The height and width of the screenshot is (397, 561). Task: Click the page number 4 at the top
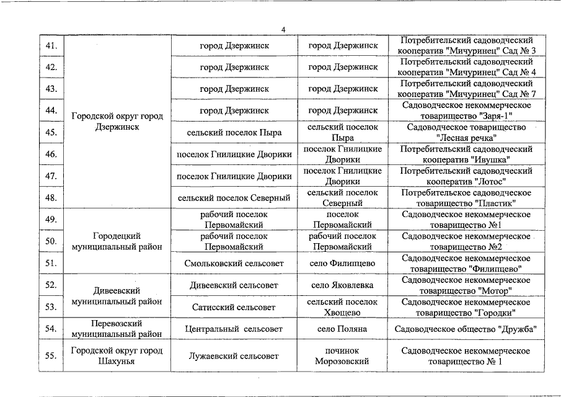click(x=283, y=30)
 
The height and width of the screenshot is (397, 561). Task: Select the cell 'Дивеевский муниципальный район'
click(x=117, y=296)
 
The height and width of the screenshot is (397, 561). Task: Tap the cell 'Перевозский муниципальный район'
click(x=117, y=329)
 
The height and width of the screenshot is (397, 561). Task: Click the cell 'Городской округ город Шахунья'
click(x=117, y=355)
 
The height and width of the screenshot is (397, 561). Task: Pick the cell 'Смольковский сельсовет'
click(x=234, y=263)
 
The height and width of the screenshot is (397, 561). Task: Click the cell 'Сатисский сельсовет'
click(x=234, y=307)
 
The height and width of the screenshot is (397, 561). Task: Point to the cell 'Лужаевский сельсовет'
click(x=234, y=355)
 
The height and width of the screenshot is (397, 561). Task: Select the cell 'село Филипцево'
click(x=342, y=263)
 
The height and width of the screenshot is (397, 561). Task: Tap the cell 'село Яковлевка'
click(x=342, y=285)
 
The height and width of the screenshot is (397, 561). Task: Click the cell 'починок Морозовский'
click(x=342, y=355)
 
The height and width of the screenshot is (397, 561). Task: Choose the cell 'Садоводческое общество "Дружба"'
click(x=466, y=329)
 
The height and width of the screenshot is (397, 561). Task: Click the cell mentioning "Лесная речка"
click(x=466, y=132)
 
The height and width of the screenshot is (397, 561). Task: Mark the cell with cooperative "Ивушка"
click(x=466, y=154)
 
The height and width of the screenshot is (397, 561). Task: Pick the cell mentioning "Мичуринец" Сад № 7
click(x=466, y=89)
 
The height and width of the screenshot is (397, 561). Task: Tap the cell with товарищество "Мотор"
click(x=466, y=285)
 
